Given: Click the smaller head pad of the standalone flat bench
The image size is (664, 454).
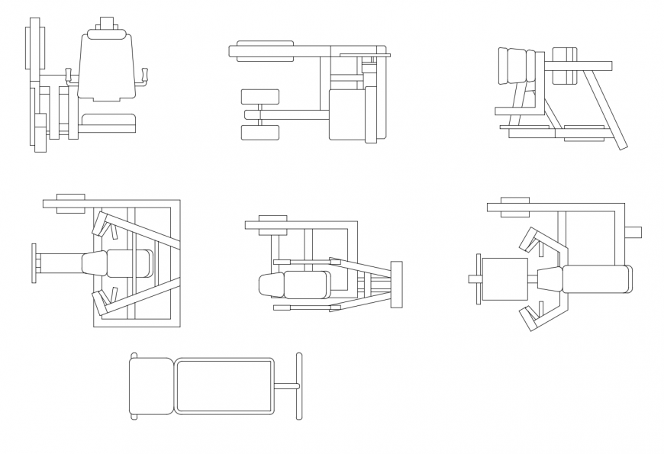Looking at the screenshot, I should click(x=151, y=386).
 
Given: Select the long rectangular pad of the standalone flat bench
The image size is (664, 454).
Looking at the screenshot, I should click(x=224, y=386).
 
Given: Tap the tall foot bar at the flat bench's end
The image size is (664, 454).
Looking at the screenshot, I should click(x=299, y=386).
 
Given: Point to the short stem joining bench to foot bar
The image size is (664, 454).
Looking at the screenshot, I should click(x=285, y=386).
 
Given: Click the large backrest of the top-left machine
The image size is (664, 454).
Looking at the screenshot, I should click(x=107, y=69).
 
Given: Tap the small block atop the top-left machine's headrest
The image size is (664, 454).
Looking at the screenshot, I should click(x=107, y=23).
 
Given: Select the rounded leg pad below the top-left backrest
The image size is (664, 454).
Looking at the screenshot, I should click(x=108, y=122).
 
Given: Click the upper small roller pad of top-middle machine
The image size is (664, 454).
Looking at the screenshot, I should click(x=260, y=97).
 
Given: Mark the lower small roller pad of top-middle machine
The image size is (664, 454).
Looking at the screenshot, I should click(x=260, y=133).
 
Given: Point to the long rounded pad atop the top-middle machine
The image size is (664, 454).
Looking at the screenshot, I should click(x=265, y=51).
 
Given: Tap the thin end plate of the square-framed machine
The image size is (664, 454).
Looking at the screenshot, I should click(x=34, y=263).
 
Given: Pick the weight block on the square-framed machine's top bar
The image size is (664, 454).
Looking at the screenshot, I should click(x=70, y=203).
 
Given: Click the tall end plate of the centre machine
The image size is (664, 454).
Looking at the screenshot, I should click(x=396, y=285).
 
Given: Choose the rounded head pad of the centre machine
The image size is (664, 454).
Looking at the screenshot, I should click(x=272, y=285).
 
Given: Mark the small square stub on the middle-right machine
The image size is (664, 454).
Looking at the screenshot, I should click(x=633, y=232).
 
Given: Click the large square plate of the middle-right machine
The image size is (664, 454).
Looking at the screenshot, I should click(x=504, y=279).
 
